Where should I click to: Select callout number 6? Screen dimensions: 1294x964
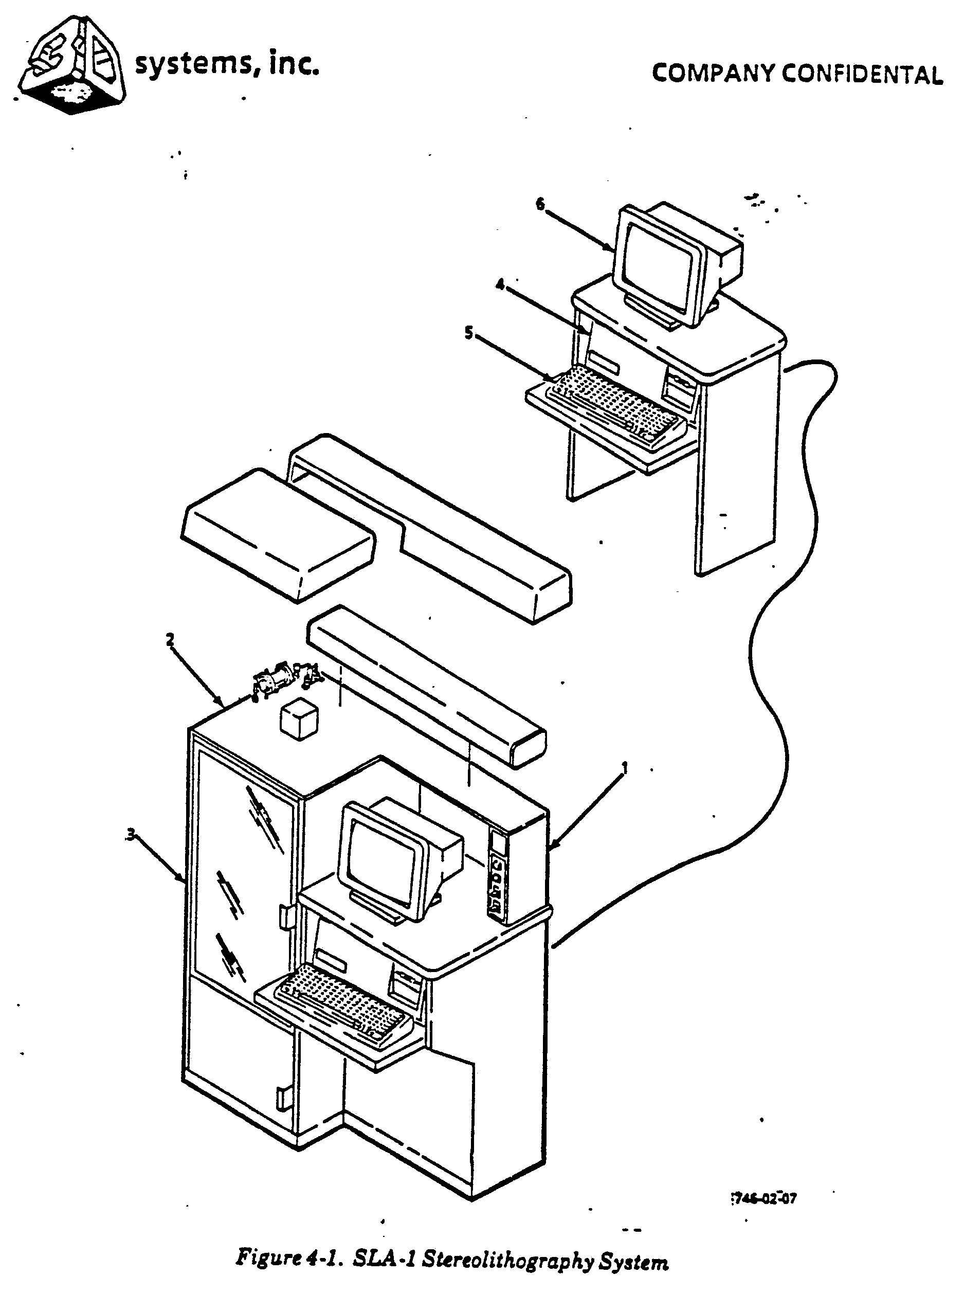(x=540, y=204)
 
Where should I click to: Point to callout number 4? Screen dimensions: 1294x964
(x=500, y=284)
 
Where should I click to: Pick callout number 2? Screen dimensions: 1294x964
(x=170, y=640)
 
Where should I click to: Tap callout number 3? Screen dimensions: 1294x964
(x=131, y=835)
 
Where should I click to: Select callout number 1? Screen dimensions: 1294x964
(x=624, y=768)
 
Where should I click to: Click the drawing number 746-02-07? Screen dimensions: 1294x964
(x=764, y=1199)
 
